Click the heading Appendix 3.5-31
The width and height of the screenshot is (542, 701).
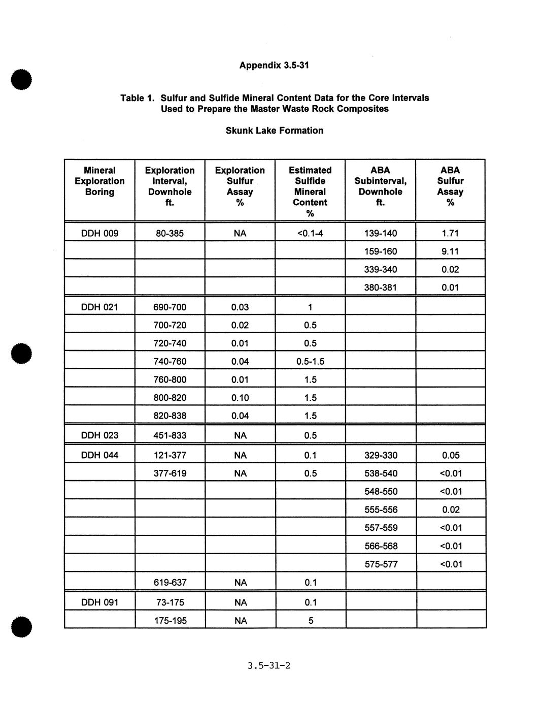pos(274,65)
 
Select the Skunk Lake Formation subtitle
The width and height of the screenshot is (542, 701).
pos(274,131)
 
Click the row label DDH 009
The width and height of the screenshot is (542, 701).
pos(99,233)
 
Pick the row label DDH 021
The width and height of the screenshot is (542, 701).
pos(99,307)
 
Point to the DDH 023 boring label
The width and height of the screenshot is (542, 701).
pos(99,435)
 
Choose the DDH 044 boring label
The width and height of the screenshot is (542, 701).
pos(99,455)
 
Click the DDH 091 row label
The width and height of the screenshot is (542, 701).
pos(99,602)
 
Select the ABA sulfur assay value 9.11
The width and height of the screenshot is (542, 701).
pos(450,251)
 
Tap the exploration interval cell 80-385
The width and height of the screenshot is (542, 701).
pos(170,233)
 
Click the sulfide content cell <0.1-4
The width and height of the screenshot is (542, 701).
pos(310,233)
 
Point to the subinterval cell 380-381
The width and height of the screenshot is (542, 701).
pos(381,288)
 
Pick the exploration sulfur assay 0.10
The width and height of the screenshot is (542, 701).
pos(240,398)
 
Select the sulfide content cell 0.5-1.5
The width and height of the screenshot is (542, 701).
pos(310,361)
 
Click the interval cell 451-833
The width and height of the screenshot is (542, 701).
pos(170,435)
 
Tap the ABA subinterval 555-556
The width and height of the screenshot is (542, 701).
pos(381,509)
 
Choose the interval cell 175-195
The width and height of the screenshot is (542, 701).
pos(170,621)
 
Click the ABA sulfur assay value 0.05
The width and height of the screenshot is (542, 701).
pos(450,455)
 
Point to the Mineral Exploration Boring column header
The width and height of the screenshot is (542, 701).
pos(99,181)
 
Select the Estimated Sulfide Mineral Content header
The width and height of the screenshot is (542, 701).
pos(310,192)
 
